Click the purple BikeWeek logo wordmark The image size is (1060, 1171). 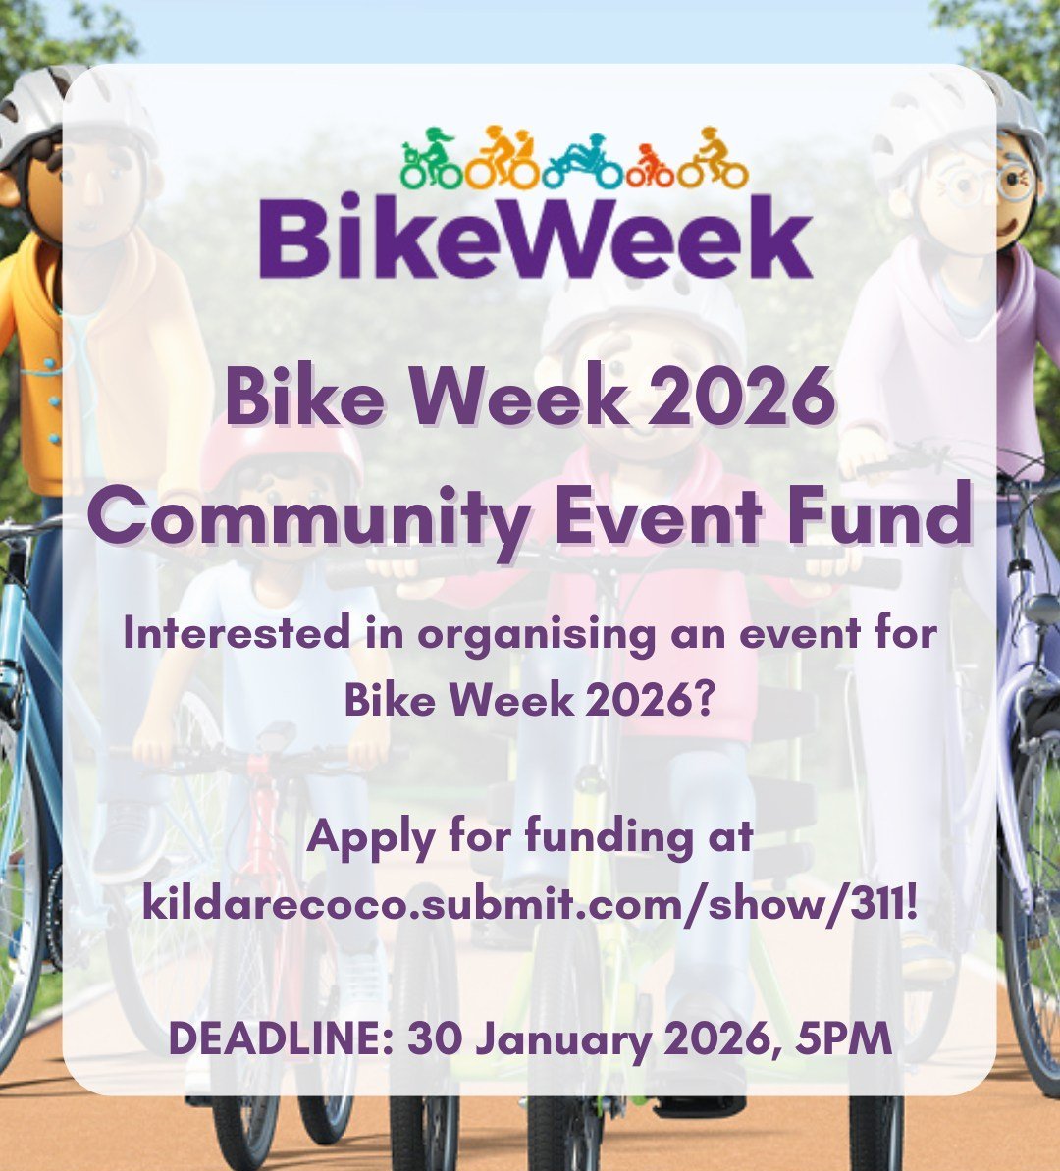tap(536, 237)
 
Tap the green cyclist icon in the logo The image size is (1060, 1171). tap(431, 158)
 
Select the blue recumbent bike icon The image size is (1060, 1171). tap(582, 162)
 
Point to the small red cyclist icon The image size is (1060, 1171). tap(649, 166)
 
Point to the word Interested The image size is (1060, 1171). tap(237, 633)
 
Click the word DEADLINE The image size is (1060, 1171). tap(277, 1038)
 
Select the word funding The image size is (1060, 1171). tap(609, 836)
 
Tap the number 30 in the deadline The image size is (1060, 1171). tap(434, 1038)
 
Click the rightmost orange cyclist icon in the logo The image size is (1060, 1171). tap(713, 158)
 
